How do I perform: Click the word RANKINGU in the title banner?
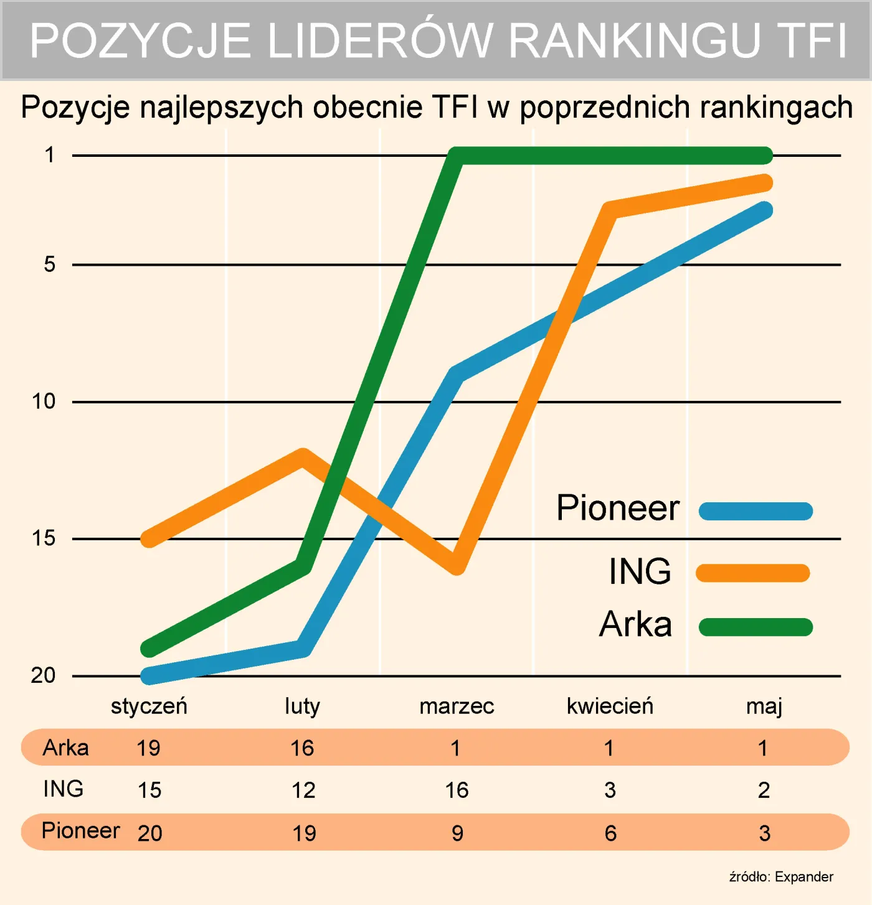[x=635, y=41]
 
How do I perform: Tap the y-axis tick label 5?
[x=50, y=265]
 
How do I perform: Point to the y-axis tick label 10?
[x=44, y=401]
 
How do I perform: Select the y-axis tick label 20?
[x=43, y=675]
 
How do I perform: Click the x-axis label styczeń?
[x=149, y=706]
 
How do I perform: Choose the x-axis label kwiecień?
[x=610, y=706]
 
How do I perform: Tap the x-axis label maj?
[x=764, y=706]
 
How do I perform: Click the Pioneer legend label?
[x=617, y=508]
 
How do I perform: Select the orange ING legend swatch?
[x=752, y=573]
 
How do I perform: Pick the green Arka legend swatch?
[x=756, y=627]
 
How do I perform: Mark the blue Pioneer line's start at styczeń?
[x=149, y=675]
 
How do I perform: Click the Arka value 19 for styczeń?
[x=148, y=748]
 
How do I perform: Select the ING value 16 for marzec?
[x=457, y=790]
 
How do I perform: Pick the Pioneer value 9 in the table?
[x=457, y=833]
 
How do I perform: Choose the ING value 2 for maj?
[x=764, y=790]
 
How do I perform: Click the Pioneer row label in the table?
[x=80, y=831]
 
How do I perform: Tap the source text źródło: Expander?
[x=781, y=877]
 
